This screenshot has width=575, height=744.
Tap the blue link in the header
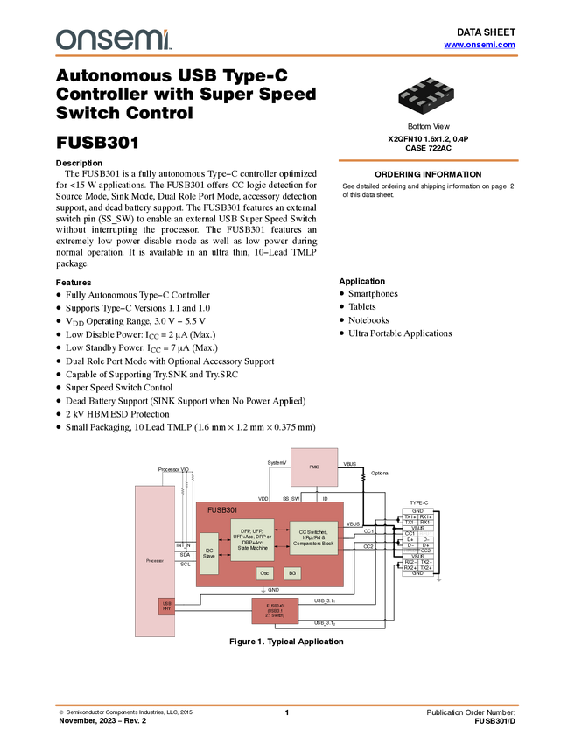pyautogui.click(x=480, y=45)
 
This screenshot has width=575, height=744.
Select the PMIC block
pyautogui.click(x=313, y=467)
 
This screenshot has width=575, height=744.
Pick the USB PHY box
pyautogui.click(x=166, y=606)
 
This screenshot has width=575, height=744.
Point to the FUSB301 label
pyautogui.click(x=222, y=509)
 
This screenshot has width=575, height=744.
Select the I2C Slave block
pyautogui.click(x=209, y=552)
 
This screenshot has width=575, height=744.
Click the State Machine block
pyautogui.click(x=252, y=540)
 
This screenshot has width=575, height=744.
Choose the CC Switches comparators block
pyautogui.click(x=313, y=537)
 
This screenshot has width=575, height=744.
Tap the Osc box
pyautogui.click(x=265, y=573)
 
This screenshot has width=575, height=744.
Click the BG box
pyautogui.click(x=292, y=573)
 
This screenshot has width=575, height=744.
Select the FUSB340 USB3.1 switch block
pyautogui.click(x=275, y=610)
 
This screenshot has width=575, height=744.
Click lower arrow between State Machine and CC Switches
pyautogui.click(x=282, y=547)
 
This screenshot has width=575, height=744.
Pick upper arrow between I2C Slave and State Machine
pyautogui.click(x=224, y=540)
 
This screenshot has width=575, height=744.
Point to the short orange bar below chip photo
pyautogui.click(x=428, y=161)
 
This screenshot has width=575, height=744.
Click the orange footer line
pyautogui.click(x=287, y=705)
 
